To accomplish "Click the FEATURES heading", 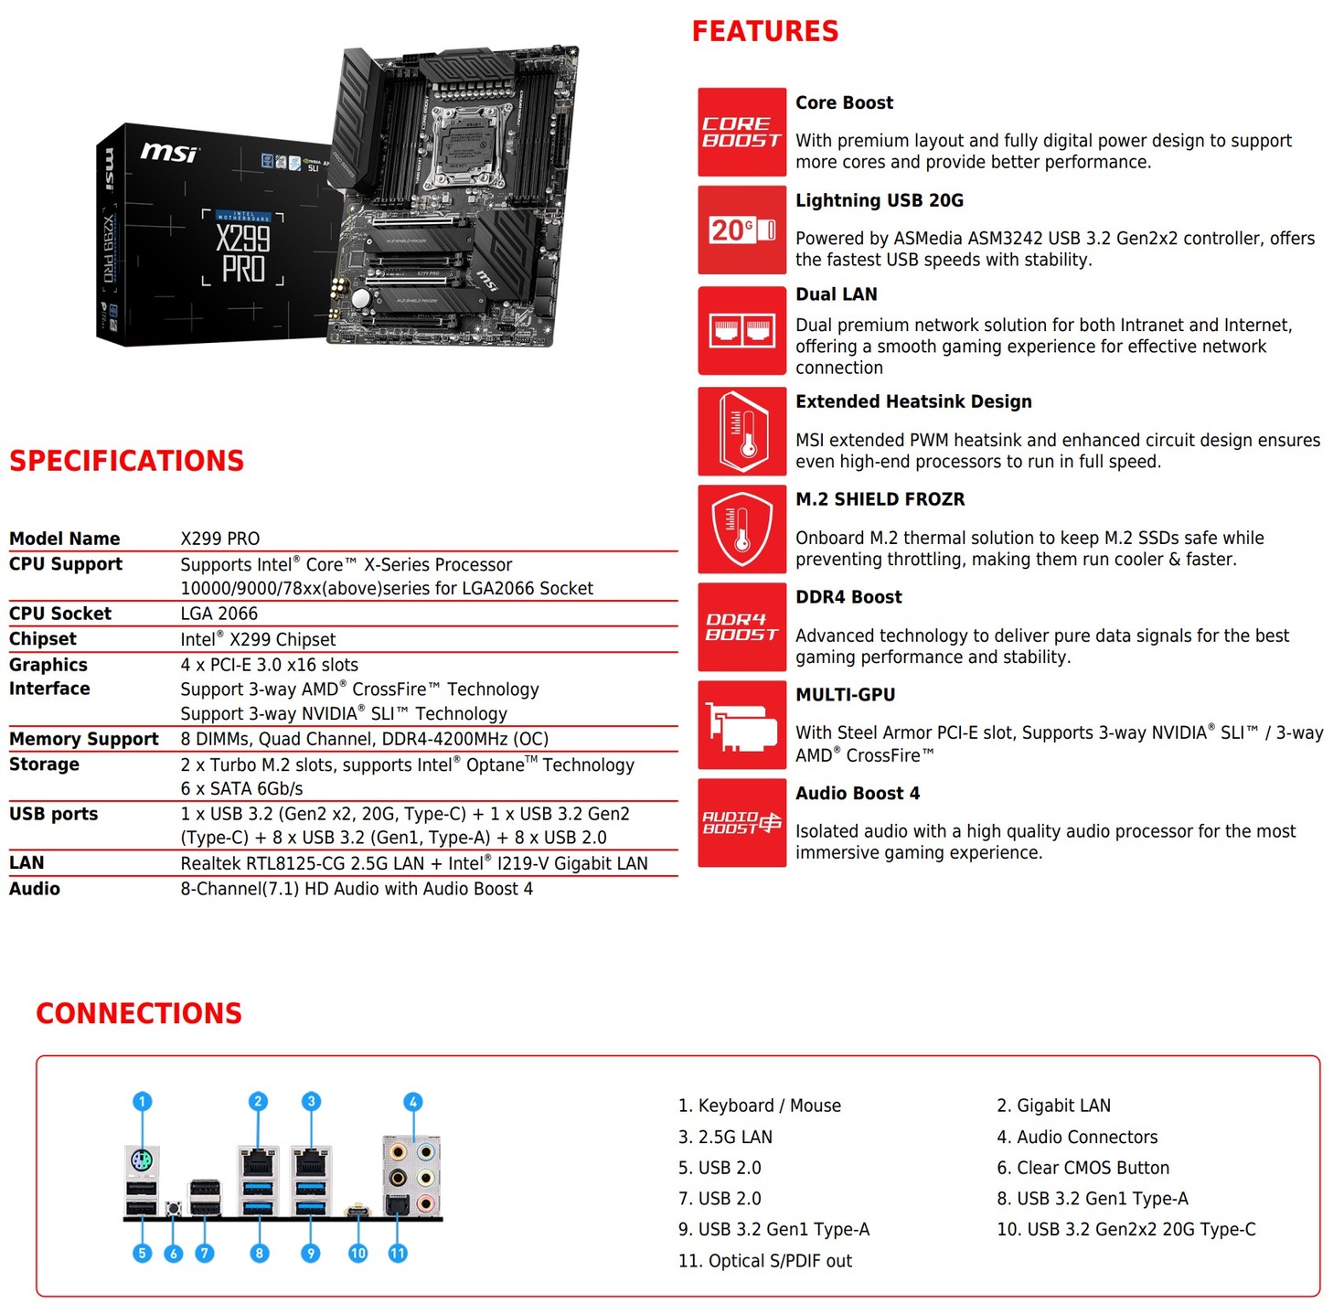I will point(764,31).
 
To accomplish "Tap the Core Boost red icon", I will point(741,132).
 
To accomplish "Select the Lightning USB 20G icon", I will point(741,230).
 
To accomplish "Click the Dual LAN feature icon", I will point(741,330).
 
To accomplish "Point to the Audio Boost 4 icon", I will point(741,822).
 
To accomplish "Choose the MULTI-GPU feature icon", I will point(741,724).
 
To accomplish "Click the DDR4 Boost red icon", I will point(741,626).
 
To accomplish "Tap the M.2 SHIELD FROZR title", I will point(880,499).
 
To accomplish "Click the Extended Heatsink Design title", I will point(912,401).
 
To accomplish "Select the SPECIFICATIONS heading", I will point(127,461).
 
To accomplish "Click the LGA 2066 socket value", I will point(219,614).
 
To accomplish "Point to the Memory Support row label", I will point(84,739).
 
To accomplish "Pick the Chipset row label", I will point(43,639).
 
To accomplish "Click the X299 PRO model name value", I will point(220,539).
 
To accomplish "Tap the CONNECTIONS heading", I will point(139,1013).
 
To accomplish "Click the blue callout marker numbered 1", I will point(142,1101).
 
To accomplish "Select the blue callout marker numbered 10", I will point(357,1253).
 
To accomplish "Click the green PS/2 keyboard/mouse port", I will point(142,1163).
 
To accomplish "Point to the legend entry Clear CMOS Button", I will point(1083,1168).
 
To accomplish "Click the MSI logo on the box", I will point(168,152).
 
